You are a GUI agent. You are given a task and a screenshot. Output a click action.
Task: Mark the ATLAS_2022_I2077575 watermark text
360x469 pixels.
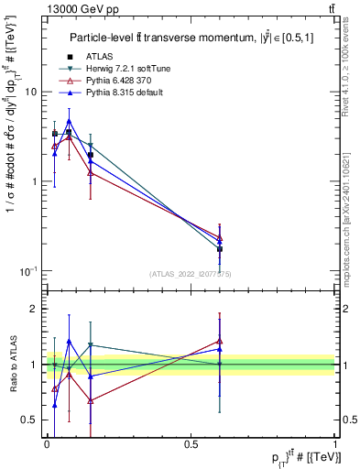point(191,274)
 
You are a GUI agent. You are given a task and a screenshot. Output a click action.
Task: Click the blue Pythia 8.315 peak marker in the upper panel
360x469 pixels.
point(69,120)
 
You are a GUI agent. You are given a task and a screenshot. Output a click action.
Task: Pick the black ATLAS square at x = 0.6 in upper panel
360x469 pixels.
point(220,249)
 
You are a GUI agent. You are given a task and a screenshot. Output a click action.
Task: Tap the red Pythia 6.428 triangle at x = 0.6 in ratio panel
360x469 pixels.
point(220,342)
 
